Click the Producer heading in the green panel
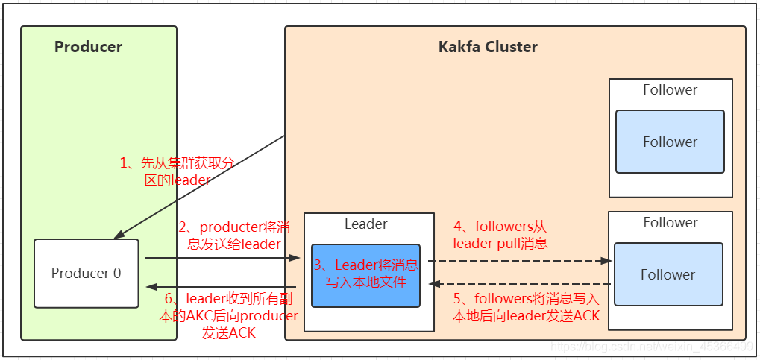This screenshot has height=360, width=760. pos(88,47)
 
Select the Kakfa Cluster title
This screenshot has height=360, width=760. pos(488,47)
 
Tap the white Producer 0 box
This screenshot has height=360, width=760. pos(86,273)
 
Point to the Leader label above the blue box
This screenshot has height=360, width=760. pos(365,224)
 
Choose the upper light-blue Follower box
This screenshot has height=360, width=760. pos(670,142)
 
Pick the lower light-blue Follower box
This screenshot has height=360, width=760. pos(668,274)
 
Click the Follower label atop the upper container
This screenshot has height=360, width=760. pos(670,90)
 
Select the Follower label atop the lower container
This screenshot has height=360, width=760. pos(670,222)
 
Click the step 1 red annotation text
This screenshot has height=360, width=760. pos(178,171)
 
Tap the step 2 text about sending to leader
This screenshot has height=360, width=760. pos(229,235)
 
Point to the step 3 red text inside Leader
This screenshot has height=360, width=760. pos(365,274)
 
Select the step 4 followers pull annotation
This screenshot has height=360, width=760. pos(500,235)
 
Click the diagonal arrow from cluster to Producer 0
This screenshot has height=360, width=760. pos(201,186)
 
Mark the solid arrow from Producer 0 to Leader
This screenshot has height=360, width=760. pos(224,259)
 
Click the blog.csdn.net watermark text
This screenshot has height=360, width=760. pos(649,347)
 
